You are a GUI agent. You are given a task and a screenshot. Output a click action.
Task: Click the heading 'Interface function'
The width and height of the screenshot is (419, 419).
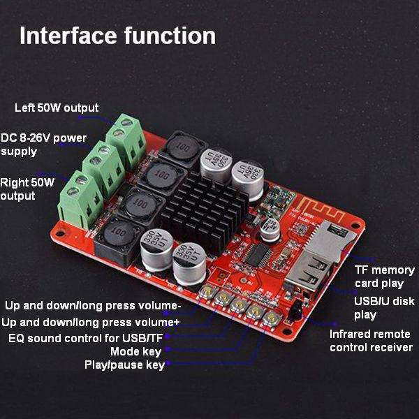click(117, 36)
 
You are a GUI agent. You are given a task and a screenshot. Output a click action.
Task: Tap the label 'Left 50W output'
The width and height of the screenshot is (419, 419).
click(57, 108)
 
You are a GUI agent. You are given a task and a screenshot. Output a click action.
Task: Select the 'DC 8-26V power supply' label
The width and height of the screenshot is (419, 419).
click(43, 145)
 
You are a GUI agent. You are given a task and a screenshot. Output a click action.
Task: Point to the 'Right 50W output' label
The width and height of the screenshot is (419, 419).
click(27, 189)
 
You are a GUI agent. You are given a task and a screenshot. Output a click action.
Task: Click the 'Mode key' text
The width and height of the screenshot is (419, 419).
click(135, 351)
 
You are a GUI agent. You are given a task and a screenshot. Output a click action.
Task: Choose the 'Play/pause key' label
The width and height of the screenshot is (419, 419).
click(124, 365)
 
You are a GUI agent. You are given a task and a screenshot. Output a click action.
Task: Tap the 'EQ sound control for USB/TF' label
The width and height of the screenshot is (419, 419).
click(85, 338)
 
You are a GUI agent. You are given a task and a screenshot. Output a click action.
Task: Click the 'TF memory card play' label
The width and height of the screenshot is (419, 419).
click(385, 277)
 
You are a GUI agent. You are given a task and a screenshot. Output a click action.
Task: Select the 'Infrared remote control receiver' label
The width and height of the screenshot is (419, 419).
click(371, 341)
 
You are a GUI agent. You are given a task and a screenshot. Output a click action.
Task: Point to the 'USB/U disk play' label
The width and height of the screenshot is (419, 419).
click(384, 308)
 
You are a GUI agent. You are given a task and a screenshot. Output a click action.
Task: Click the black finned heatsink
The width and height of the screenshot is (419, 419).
click(205, 212)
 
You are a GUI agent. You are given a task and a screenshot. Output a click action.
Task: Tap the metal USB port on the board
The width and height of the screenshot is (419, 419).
click(310, 270)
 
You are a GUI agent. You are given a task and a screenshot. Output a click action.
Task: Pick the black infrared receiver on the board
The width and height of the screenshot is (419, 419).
click(295, 311)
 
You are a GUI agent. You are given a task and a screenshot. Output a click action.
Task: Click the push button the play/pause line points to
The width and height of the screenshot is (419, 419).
click(272, 318)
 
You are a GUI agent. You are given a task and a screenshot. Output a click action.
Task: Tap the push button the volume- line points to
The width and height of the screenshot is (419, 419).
click(208, 291)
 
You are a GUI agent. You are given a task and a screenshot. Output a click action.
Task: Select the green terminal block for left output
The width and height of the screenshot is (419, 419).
click(126, 141)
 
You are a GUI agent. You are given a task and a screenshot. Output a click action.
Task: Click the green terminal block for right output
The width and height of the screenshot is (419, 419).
click(80, 199)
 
